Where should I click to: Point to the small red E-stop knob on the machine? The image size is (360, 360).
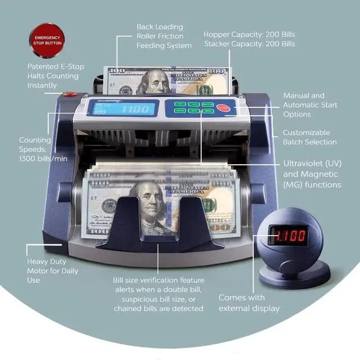point(70,94)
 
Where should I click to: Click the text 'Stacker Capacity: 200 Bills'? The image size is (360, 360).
point(250,44)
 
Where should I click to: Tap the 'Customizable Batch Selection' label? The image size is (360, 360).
point(309,138)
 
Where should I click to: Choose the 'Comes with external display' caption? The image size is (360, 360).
point(249,303)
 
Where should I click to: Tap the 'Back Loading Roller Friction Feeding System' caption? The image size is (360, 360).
point(164,36)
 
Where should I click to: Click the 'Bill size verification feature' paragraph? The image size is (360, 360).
point(159,294)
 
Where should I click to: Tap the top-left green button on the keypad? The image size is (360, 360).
point(180,104)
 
